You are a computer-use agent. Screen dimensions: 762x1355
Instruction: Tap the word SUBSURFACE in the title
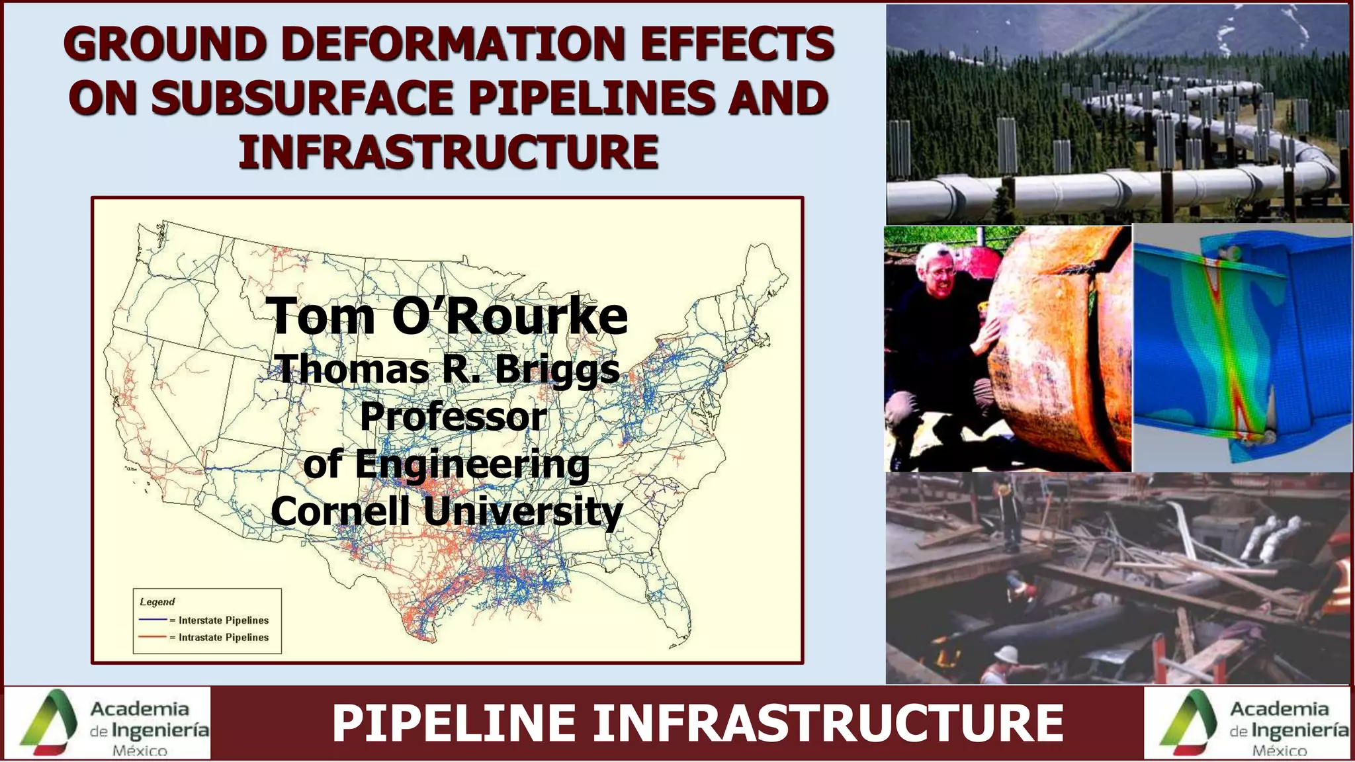pyautogui.click(x=302, y=99)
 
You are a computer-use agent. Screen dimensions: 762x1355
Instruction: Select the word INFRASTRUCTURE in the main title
pyautogui.click(x=449, y=151)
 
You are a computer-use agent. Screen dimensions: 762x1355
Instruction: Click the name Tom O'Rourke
pyautogui.click(x=447, y=316)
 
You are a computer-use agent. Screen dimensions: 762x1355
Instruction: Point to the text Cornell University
pyautogui.click(x=447, y=511)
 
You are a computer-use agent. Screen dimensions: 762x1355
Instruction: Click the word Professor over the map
pyautogui.click(x=453, y=417)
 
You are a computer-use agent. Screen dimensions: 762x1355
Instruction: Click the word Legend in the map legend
pyautogui.click(x=157, y=602)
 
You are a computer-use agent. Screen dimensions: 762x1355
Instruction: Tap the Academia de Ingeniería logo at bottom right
pyautogui.click(x=1247, y=723)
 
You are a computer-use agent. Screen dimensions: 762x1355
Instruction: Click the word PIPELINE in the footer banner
pyautogui.click(x=454, y=724)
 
